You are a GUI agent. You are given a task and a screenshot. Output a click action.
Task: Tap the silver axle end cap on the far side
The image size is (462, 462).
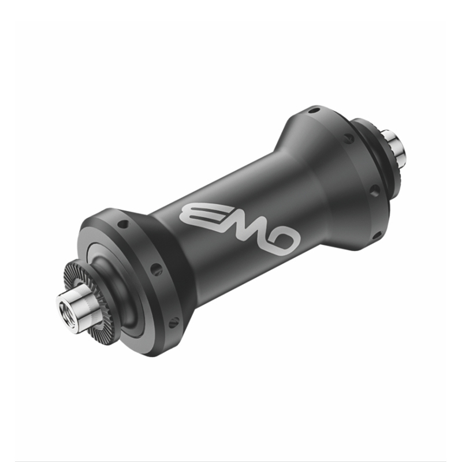tap(395, 148)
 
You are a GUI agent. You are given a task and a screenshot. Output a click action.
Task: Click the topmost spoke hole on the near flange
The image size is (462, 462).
tap(123, 224)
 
